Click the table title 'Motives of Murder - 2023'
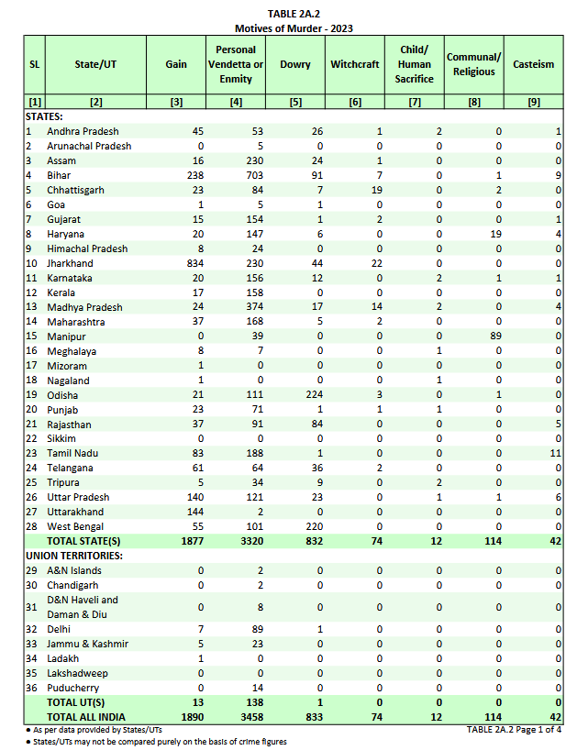pos(294,28)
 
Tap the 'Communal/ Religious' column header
pos(473,64)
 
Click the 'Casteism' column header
pos(534,64)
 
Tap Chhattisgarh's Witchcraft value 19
pos(375,190)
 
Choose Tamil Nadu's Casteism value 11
pos(554,453)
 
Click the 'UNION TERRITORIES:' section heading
pos(75,556)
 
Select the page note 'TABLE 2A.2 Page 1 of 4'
pos(513,729)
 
